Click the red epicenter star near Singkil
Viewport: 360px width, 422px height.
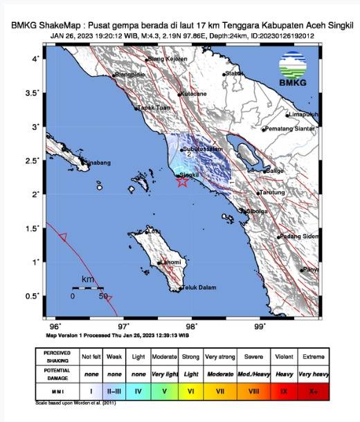pyautogui.click(x=181, y=182)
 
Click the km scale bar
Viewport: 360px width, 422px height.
pyautogui.click(x=87, y=288)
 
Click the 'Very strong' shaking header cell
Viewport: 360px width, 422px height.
pyautogui.click(x=222, y=356)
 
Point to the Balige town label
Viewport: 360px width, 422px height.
pyautogui.click(x=275, y=169)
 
